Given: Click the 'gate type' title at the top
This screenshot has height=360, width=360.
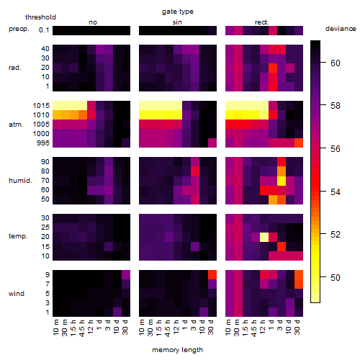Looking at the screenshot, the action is [x=178, y=12].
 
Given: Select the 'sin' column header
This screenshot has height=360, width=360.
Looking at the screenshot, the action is [x=177, y=22].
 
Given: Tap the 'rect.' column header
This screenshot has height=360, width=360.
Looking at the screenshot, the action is [x=261, y=22].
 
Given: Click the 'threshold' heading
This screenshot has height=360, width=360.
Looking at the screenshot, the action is [x=40, y=17].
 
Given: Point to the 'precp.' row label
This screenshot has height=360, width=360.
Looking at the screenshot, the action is [x=19, y=29].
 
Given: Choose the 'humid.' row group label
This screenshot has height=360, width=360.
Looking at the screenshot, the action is [x=20, y=180].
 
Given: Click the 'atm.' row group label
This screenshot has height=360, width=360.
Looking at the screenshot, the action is [x=16, y=125].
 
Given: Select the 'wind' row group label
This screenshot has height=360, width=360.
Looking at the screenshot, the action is [x=17, y=294].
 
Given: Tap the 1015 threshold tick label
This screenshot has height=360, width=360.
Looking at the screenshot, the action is [x=41, y=106].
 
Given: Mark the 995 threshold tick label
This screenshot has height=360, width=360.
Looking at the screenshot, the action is [x=43, y=143].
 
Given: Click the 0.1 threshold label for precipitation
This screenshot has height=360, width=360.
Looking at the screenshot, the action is [x=44, y=30].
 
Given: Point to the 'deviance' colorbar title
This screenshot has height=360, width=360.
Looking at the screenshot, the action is [x=341, y=29].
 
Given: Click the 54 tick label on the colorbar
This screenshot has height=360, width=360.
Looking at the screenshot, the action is [x=336, y=192].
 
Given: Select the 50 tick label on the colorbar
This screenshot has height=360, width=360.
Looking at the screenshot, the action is [x=336, y=278].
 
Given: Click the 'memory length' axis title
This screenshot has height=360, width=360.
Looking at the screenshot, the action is [x=178, y=350].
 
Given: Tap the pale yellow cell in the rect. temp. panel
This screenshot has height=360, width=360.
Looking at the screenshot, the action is [x=264, y=237].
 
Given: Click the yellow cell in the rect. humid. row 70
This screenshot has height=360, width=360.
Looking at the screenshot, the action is [x=282, y=181].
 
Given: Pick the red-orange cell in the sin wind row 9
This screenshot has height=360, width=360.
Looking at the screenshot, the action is [x=212, y=274].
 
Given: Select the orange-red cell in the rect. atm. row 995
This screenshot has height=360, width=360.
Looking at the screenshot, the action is [x=299, y=143].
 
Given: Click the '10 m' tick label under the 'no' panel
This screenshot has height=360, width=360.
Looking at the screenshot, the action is [x=56, y=327].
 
